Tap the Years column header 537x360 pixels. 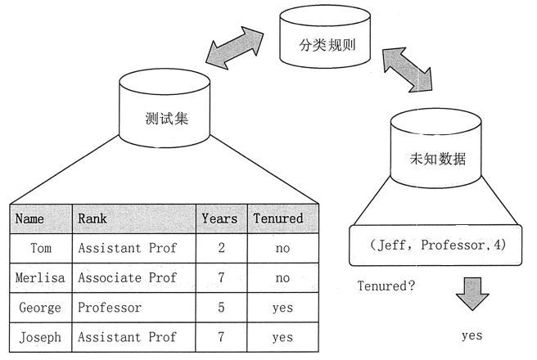pyautogui.click(x=220, y=218)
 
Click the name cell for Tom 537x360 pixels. pyautogui.click(x=40, y=248)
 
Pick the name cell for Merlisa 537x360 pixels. pyautogui.click(x=40, y=278)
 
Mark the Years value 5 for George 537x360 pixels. pyautogui.click(x=220, y=308)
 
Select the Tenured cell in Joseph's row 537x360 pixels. pyautogui.click(x=282, y=337)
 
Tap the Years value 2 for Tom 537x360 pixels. pyautogui.click(x=220, y=248)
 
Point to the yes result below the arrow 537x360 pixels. pyautogui.click(x=472, y=335)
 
